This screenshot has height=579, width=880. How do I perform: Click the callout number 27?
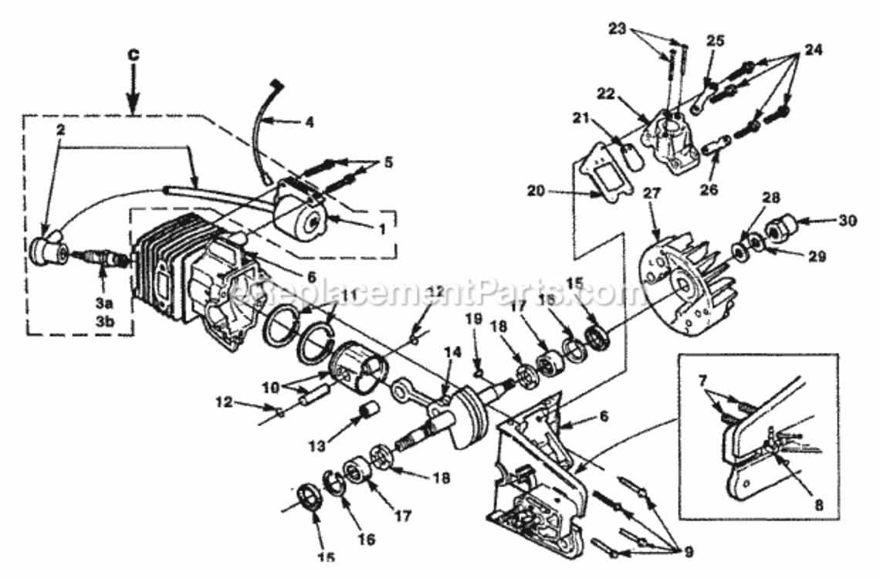tap(653, 193)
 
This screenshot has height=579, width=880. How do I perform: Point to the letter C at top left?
tap(133, 55)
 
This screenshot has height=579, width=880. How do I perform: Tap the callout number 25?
tap(715, 40)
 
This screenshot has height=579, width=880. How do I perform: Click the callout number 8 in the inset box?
tap(818, 506)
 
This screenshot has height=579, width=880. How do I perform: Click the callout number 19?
tap(474, 318)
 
